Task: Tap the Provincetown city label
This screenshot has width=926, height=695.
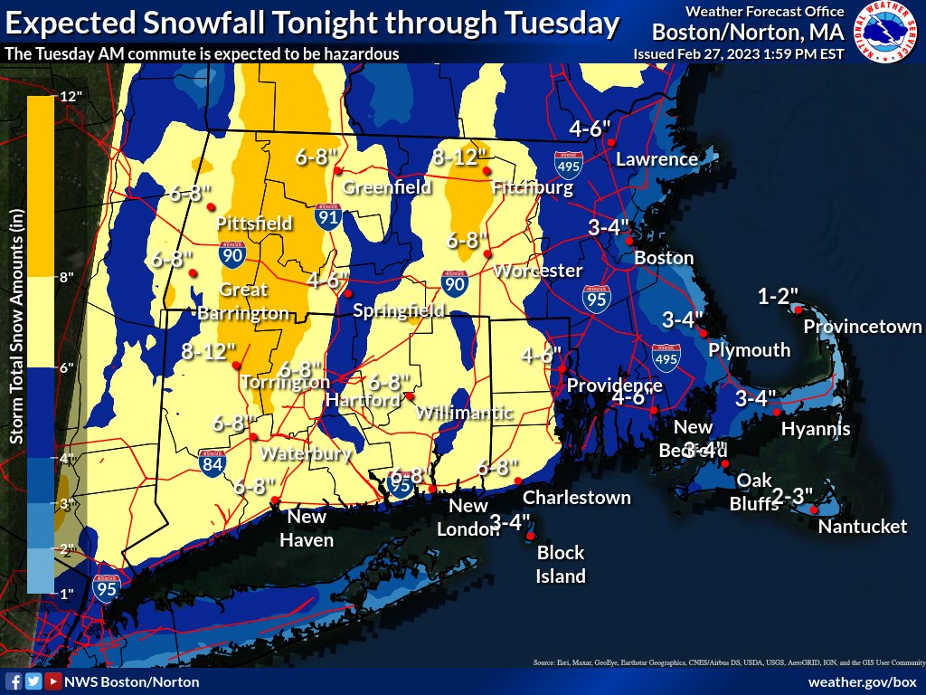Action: coord(862,327)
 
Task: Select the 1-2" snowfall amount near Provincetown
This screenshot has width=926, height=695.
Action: coord(778,296)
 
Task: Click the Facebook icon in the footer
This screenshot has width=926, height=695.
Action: coord(14,681)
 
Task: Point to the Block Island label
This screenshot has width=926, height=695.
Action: coord(561,564)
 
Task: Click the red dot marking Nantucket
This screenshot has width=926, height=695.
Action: coord(815,510)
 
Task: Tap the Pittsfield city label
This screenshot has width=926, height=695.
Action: coord(253,223)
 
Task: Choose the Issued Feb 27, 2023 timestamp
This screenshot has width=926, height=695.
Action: coord(739,53)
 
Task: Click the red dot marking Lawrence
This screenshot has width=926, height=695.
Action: coord(611,143)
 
